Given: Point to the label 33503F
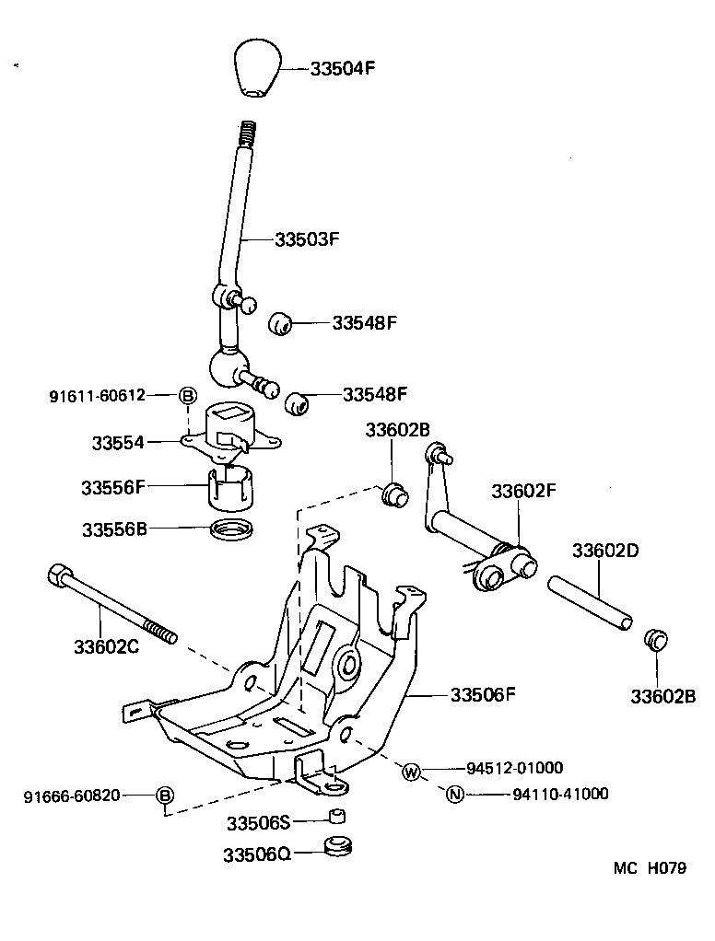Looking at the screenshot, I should [x=308, y=238].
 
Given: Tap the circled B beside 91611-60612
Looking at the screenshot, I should [x=186, y=396].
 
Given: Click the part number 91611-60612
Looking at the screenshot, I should [x=97, y=396].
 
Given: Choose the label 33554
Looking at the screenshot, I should [x=117, y=443].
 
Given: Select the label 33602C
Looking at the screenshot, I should [x=106, y=646].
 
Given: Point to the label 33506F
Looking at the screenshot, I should [x=482, y=694].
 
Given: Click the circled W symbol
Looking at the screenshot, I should [x=411, y=771].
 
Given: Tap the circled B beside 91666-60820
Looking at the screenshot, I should [x=164, y=796].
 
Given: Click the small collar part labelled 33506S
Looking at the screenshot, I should [x=338, y=818].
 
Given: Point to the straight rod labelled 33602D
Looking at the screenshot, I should [x=591, y=603].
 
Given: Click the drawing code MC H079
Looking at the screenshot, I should [x=651, y=866].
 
